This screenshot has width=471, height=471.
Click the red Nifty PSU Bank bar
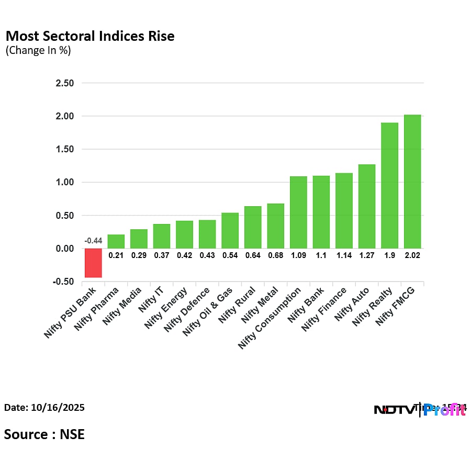pyautogui.click(x=93, y=263)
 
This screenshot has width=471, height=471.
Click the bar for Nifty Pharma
pyautogui.click(x=116, y=241)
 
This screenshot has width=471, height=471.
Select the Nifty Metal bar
pyautogui.click(x=275, y=226)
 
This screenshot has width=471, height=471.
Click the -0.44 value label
pyautogui.click(x=93, y=241)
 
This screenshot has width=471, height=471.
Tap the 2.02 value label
pyautogui.click(x=412, y=255)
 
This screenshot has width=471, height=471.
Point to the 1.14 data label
pyautogui.click(x=344, y=255)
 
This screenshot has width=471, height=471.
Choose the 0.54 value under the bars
pyautogui.click(x=230, y=255)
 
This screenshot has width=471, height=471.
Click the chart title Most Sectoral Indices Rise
pyautogui.click(x=89, y=36)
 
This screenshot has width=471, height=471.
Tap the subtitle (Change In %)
pyautogui.click(x=38, y=51)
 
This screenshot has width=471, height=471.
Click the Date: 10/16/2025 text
pyautogui.click(x=44, y=407)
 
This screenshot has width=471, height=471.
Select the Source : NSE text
pyautogui.click(x=44, y=434)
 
